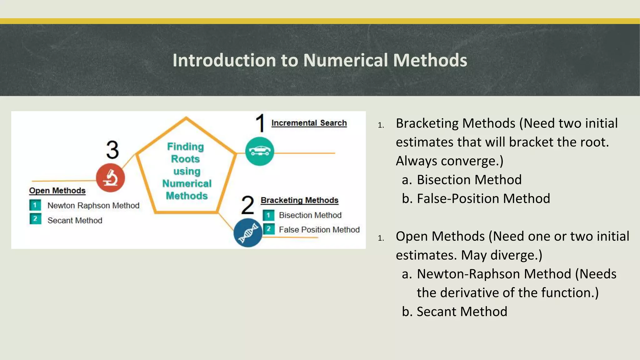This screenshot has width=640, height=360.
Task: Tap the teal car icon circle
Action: [x=260, y=152]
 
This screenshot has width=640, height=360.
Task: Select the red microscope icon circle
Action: [x=110, y=178]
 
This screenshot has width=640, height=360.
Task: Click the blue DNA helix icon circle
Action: [x=248, y=233]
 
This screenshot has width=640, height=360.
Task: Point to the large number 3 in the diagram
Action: [x=112, y=150]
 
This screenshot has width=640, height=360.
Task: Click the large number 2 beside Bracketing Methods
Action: [x=248, y=205]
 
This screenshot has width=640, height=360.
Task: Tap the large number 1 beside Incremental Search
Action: [x=260, y=123]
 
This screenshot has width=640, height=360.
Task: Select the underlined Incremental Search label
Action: [x=309, y=123]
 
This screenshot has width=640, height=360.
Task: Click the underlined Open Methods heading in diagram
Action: [x=57, y=191]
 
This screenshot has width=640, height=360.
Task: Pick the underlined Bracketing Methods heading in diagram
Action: [x=299, y=200]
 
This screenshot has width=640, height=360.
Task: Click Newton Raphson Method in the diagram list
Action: [x=93, y=206]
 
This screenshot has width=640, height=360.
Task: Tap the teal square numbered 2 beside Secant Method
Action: [x=35, y=219]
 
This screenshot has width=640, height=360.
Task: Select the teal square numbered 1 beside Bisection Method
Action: [x=268, y=215]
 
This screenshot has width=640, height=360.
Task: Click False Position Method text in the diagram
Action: [x=319, y=230]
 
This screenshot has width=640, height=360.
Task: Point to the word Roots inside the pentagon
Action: [x=185, y=159]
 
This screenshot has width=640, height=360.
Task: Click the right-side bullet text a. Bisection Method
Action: [x=462, y=180]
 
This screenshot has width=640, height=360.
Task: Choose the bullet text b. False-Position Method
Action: [x=476, y=199]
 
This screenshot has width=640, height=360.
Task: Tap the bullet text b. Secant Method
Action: [x=455, y=312]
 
